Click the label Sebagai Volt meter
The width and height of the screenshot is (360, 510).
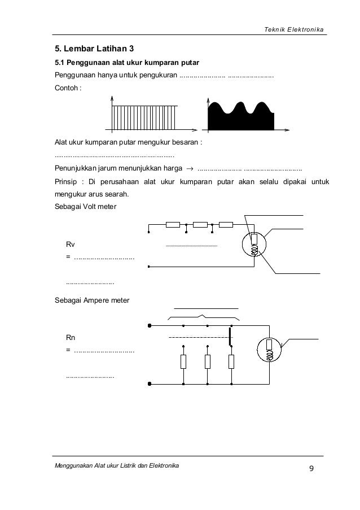click(x=85, y=207)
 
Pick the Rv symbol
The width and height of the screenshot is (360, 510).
click(x=71, y=245)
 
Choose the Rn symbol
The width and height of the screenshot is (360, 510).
click(x=71, y=338)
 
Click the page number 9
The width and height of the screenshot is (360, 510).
click(x=310, y=468)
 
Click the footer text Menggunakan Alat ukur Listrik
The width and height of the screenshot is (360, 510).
click(x=116, y=465)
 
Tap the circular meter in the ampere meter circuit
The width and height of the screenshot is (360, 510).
click(x=269, y=350)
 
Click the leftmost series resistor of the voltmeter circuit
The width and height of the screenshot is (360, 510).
click(x=173, y=225)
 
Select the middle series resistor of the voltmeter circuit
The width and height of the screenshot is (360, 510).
click(x=200, y=225)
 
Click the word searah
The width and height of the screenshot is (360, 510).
click(x=115, y=195)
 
